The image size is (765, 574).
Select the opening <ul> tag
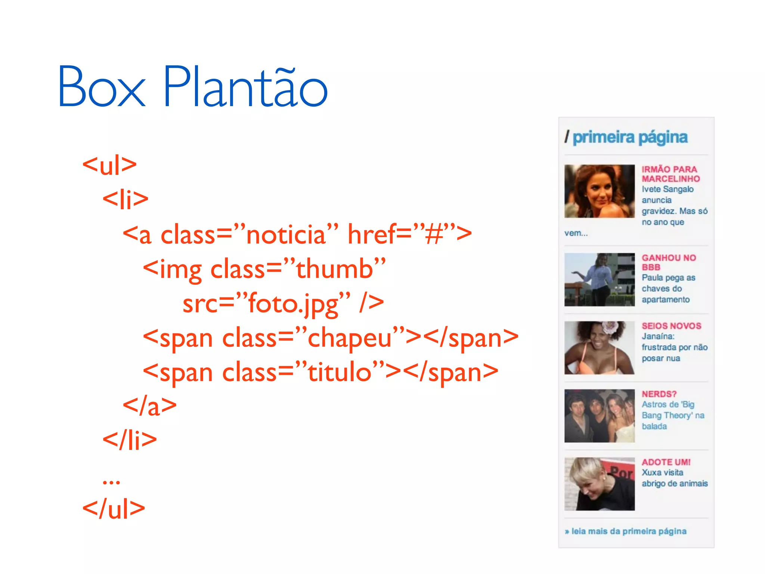coord(109,165)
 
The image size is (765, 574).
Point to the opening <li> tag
coord(126,199)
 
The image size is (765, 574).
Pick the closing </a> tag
coord(149,406)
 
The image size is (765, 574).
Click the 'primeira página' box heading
coord(630,138)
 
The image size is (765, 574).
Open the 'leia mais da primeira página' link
coord(629,531)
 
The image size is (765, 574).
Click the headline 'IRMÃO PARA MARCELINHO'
coord(670,174)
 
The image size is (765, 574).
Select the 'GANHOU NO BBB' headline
coord(669,262)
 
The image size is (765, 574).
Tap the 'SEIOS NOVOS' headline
coord(671,326)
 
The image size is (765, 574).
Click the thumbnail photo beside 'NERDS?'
coord(599,416)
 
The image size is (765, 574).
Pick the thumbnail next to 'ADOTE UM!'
coord(599,484)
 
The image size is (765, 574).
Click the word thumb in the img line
coord(335,269)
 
